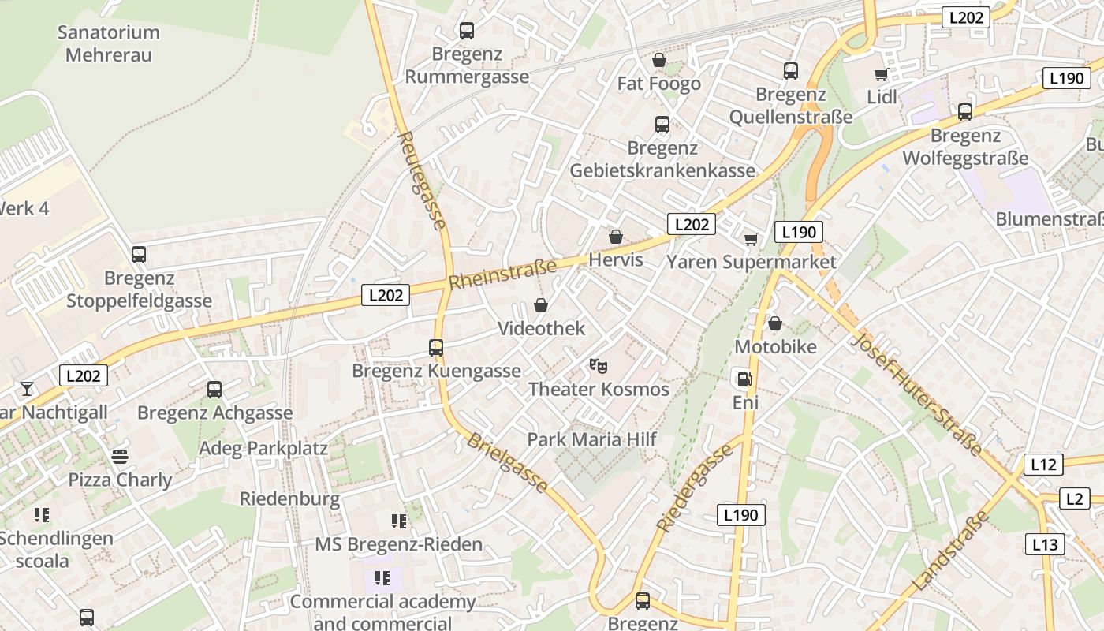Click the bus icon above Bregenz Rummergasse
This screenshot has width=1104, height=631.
[x=467, y=31]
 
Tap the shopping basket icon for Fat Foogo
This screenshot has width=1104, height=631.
[x=659, y=60]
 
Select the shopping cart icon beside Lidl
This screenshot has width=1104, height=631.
[x=881, y=75]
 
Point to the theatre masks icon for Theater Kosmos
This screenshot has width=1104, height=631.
[x=599, y=365]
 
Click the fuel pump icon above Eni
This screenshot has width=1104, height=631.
[x=744, y=379]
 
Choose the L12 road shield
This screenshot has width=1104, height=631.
[x=1043, y=465]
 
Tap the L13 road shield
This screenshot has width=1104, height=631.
[x=1046, y=544]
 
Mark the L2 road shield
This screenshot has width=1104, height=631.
[x=1074, y=498]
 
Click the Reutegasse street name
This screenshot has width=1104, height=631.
[x=423, y=180]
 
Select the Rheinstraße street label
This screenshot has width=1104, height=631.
[x=502, y=274]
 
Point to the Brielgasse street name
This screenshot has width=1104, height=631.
[x=507, y=463]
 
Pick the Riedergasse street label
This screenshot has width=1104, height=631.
[x=695, y=488]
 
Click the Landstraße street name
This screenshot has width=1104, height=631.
[x=950, y=551]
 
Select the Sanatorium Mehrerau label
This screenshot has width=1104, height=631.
[x=109, y=43]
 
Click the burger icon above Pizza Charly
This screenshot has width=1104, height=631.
[x=120, y=456]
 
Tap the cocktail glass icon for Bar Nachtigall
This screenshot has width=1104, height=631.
[x=27, y=388]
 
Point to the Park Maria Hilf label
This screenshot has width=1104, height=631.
[x=591, y=439]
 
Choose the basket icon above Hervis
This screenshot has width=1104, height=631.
[x=616, y=237]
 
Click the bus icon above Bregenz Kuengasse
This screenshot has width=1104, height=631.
[x=436, y=347]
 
